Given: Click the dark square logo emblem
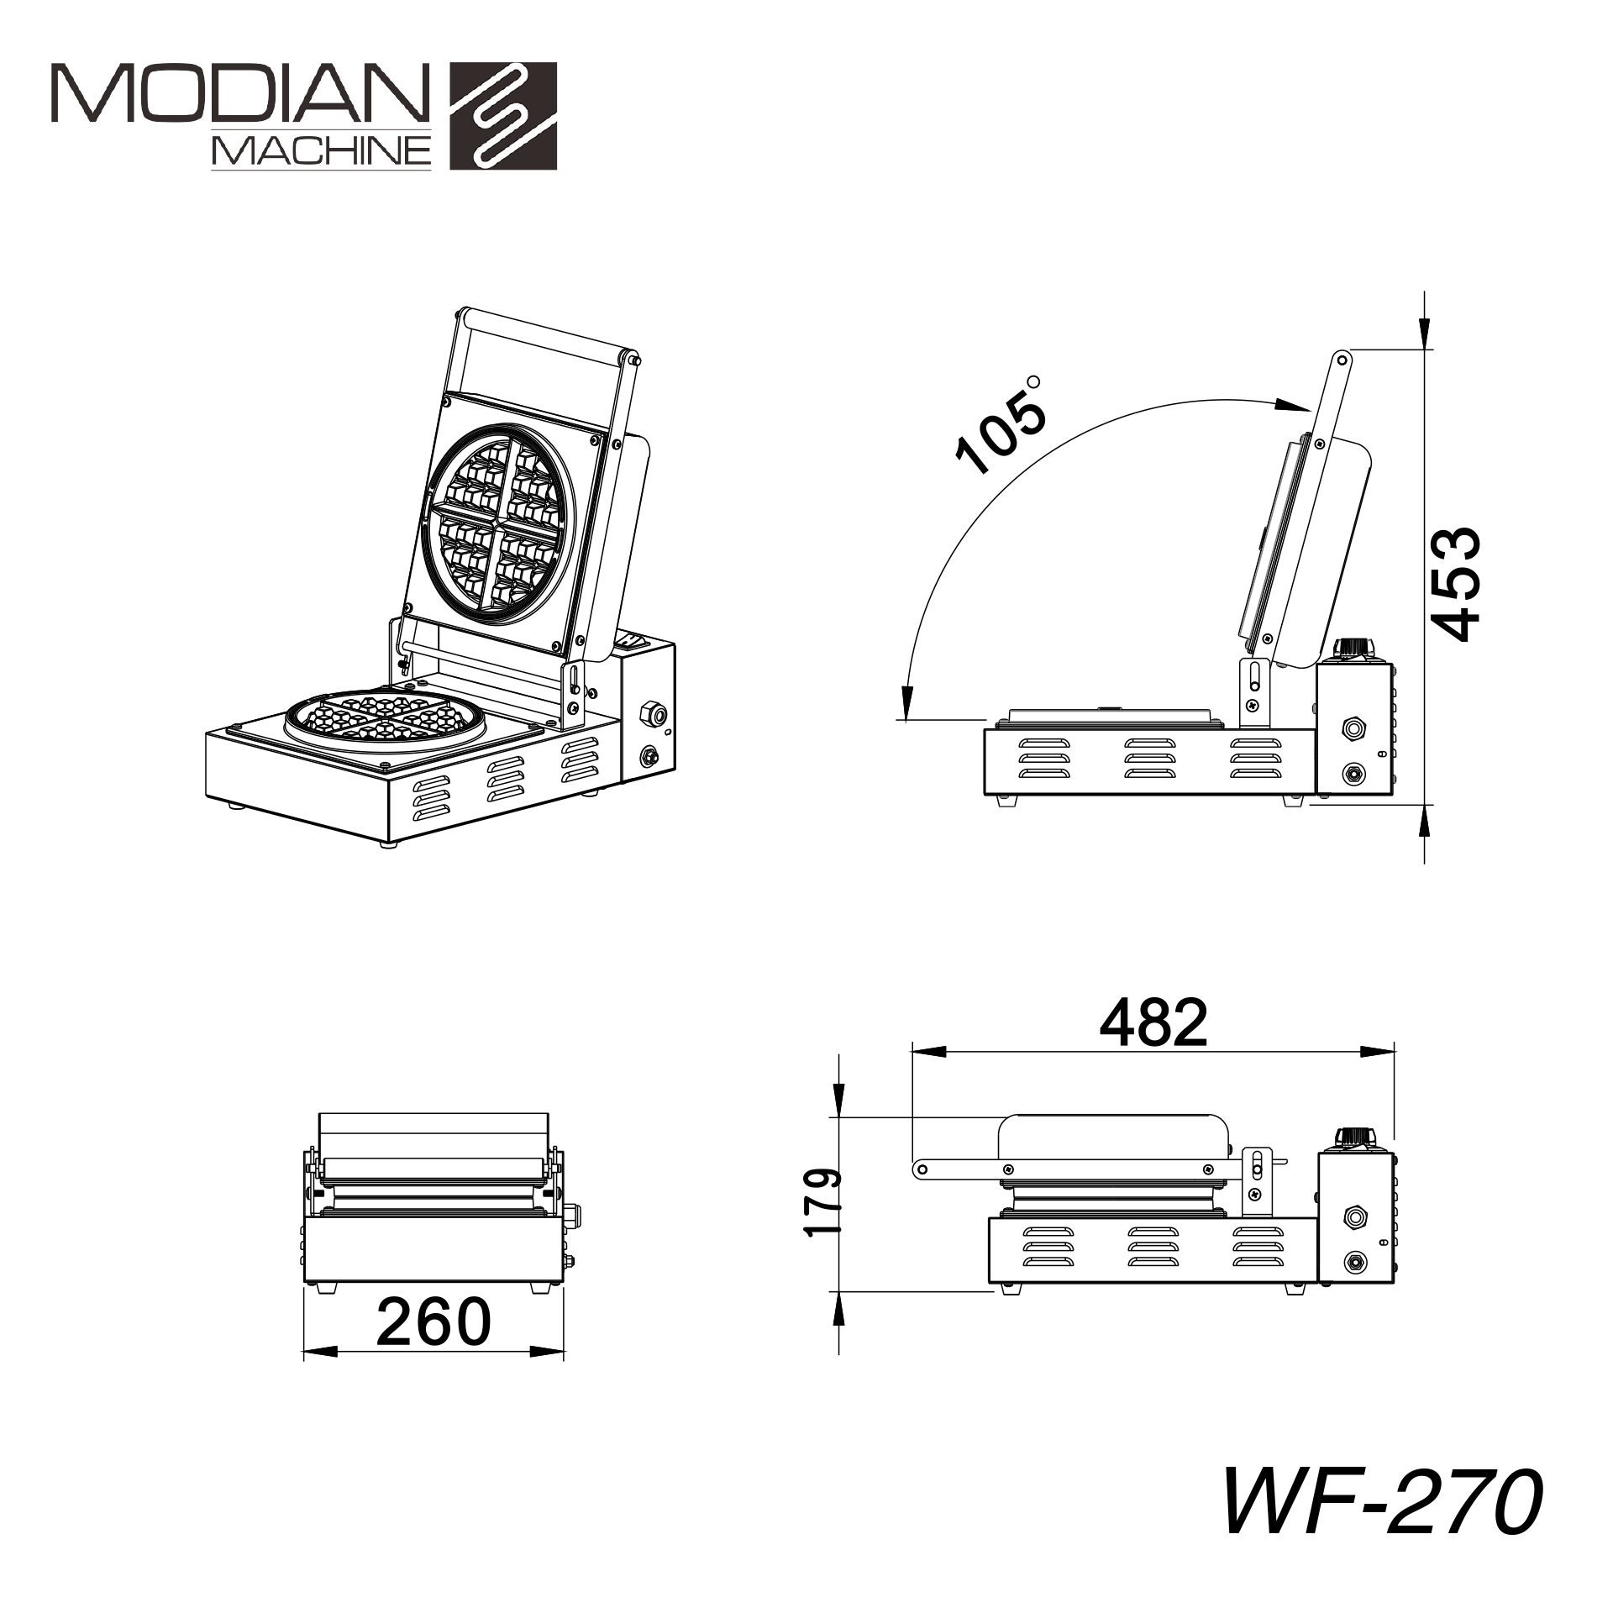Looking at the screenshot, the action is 503,116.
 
